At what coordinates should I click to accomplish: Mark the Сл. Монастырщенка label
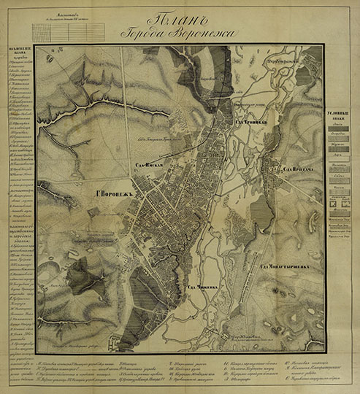click(291, 266)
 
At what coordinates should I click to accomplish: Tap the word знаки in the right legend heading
click(340, 124)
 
